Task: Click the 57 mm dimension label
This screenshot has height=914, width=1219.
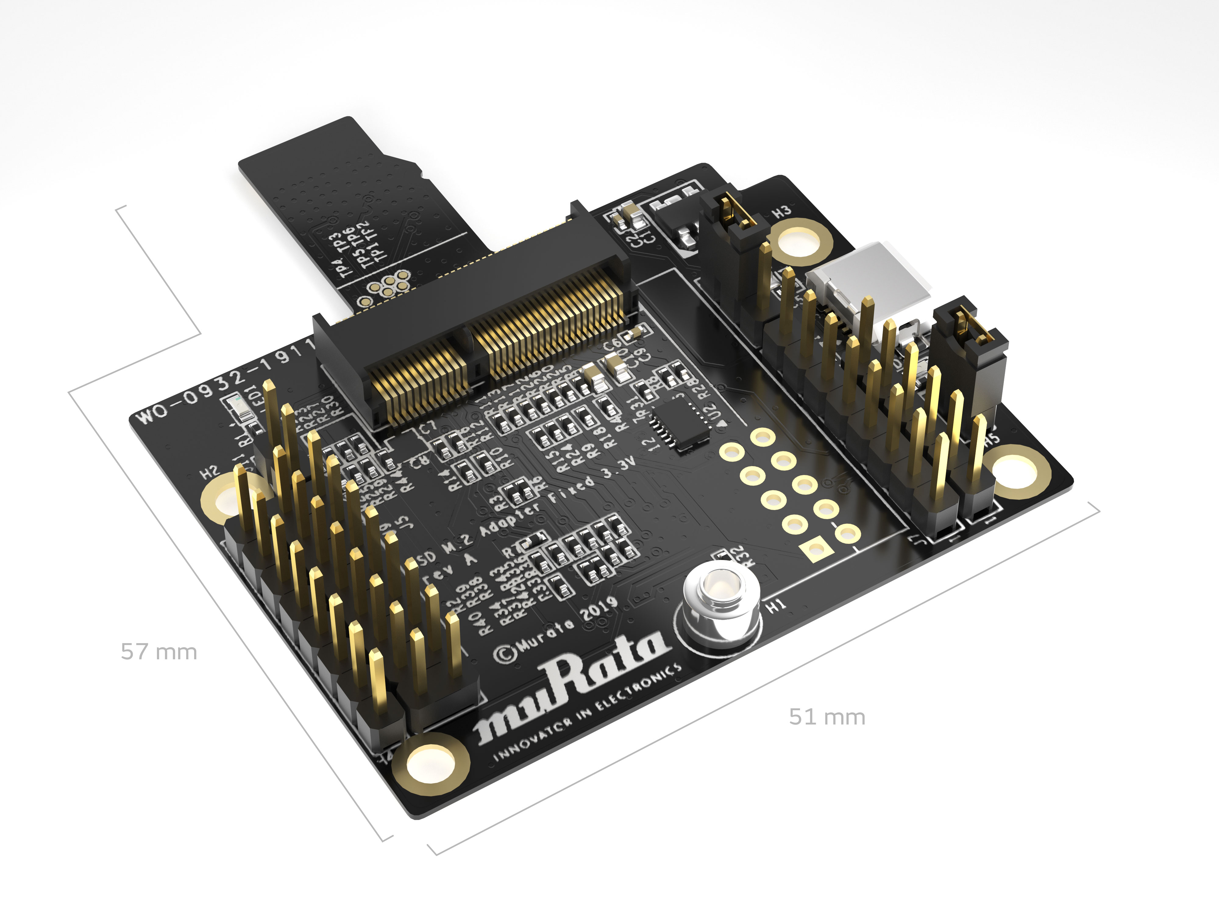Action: [x=159, y=652]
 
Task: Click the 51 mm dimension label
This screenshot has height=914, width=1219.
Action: [x=826, y=717]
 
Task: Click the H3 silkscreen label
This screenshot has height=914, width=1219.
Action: [x=781, y=211]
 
